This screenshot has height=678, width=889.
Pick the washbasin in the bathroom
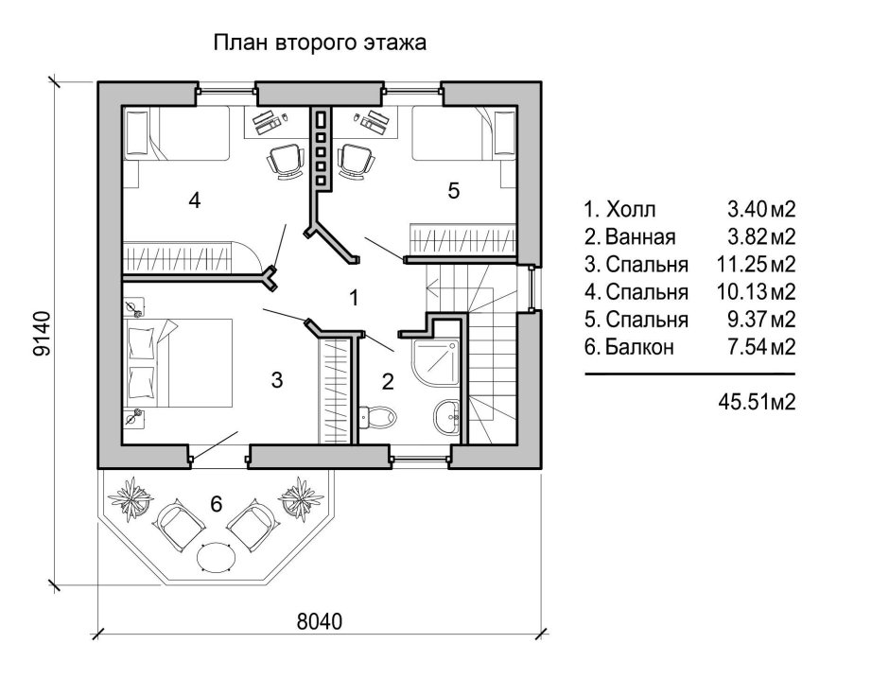tap(446, 414)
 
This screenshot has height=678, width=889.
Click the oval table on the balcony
tap(216, 557)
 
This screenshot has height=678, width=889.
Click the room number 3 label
tap(276, 380)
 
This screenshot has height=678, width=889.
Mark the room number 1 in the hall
tap(353, 298)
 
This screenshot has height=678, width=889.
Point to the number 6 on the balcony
tap(216, 505)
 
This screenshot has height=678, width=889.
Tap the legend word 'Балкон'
tap(637, 347)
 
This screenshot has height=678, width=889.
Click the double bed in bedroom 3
tap(180, 364)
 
